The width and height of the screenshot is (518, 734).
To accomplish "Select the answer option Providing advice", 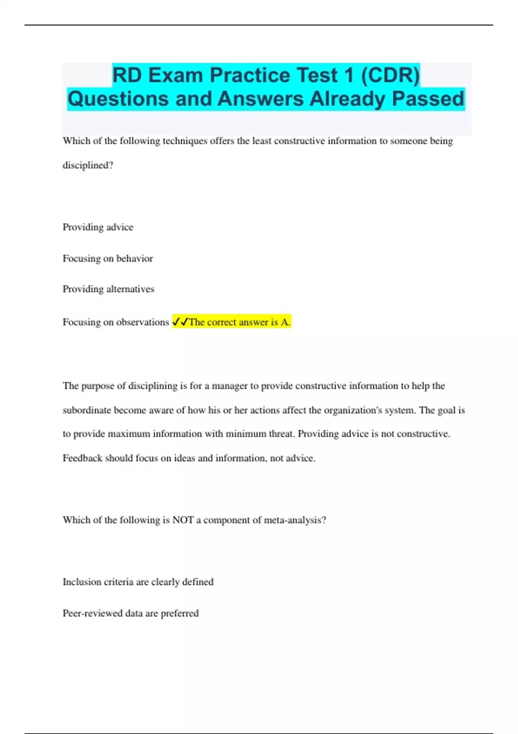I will (x=98, y=227).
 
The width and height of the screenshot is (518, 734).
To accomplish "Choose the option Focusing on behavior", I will (x=108, y=259).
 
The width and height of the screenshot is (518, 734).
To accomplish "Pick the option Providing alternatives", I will (x=108, y=289).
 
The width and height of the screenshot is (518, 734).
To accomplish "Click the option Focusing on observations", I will (x=116, y=322).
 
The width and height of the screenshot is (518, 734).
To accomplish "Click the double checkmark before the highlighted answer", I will (x=180, y=322).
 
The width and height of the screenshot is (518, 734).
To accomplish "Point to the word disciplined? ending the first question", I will (x=88, y=165).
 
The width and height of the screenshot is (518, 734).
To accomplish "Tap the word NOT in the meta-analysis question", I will (x=183, y=520).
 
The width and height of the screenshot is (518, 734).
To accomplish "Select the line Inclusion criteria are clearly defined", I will (x=138, y=582).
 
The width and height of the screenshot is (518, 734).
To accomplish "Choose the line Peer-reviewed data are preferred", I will (x=131, y=613).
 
